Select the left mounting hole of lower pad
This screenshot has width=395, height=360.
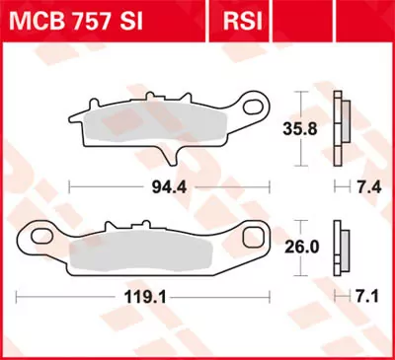[39, 237]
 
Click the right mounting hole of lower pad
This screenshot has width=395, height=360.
[256, 237]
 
